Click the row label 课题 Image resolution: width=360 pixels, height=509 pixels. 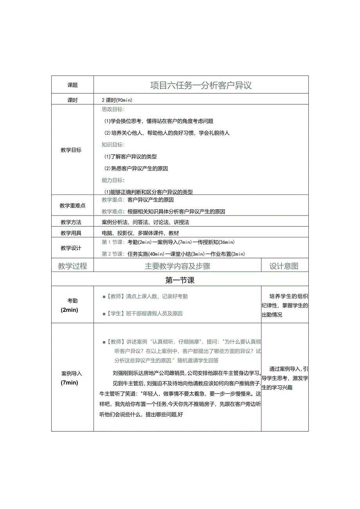point(72,85)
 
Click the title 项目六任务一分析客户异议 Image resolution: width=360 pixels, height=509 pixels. point(201,85)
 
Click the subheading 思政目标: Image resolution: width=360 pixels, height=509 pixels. point(113,110)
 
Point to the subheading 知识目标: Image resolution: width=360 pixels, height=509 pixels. point(113,145)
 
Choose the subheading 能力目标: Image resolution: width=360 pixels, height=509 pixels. point(113,180)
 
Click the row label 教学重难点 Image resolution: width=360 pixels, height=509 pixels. point(72,205)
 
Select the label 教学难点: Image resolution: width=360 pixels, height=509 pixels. point(113,212)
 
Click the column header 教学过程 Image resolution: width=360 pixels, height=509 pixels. point(72,266)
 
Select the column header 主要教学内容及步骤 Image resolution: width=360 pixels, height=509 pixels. point(177,266)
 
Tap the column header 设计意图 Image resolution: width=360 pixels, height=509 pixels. point(284,266)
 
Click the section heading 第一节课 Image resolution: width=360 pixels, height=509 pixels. point(180,280)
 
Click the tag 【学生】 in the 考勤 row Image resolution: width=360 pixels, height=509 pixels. point(114,313)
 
